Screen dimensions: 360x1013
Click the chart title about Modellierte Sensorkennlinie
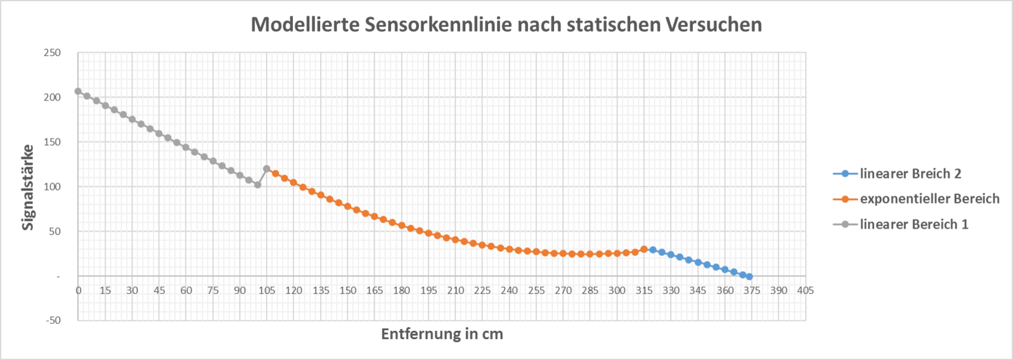(506, 25)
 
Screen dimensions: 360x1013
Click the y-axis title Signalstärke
(28, 187)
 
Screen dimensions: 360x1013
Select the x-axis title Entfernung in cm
(442, 334)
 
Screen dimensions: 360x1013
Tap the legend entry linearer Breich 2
(910, 174)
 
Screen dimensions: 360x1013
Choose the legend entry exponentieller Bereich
(929, 199)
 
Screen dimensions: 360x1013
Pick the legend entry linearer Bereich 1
(913, 224)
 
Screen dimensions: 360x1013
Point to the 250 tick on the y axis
(53, 53)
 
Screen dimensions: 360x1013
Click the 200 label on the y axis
(53, 97)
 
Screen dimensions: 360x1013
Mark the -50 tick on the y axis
(53, 320)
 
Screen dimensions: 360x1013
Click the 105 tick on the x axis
(267, 290)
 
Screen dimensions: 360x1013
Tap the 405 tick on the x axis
(805, 290)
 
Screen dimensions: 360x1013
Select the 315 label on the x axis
(644, 290)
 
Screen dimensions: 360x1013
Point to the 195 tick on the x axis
(429, 290)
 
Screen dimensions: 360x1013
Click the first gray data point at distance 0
(78, 91)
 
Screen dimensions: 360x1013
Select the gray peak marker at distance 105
(266, 169)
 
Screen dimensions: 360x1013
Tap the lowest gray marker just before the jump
(257, 185)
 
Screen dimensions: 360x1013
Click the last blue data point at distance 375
(749, 276)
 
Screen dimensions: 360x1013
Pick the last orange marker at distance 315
(644, 249)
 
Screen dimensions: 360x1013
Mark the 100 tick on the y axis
(53, 186)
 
